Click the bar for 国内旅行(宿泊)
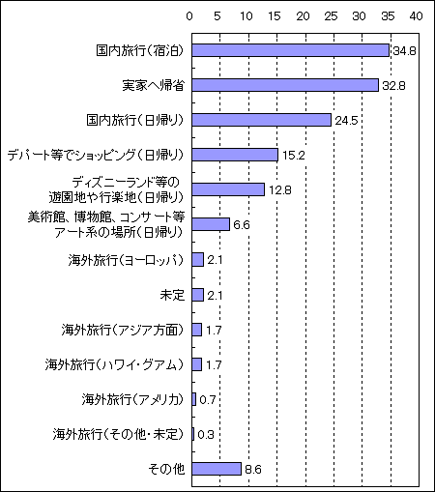(x=291, y=50)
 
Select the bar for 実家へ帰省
(x=285, y=85)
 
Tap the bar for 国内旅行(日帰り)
(x=262, y=120)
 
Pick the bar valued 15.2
(x=235, y=155)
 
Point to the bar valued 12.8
(x=228, y=189)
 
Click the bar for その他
(x=217, y=469)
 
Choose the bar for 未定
(x=198, y=295)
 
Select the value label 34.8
(x=404, y=51)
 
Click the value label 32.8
(x=393, y=86)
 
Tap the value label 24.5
(x=346, y=121)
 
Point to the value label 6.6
(x=242, y=224)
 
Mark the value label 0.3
(x=206, y=435)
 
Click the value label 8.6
(x=253, y=470)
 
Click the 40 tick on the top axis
(x=416, y=16)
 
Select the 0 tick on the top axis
(x=189, y=16)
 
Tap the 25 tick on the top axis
(x=331, y=16)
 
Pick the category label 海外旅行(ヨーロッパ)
(x=126, y=260)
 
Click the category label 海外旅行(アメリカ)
(x=132, y=399)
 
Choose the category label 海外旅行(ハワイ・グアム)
(x=114, y=364)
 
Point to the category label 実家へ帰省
(x=154, y=85)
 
